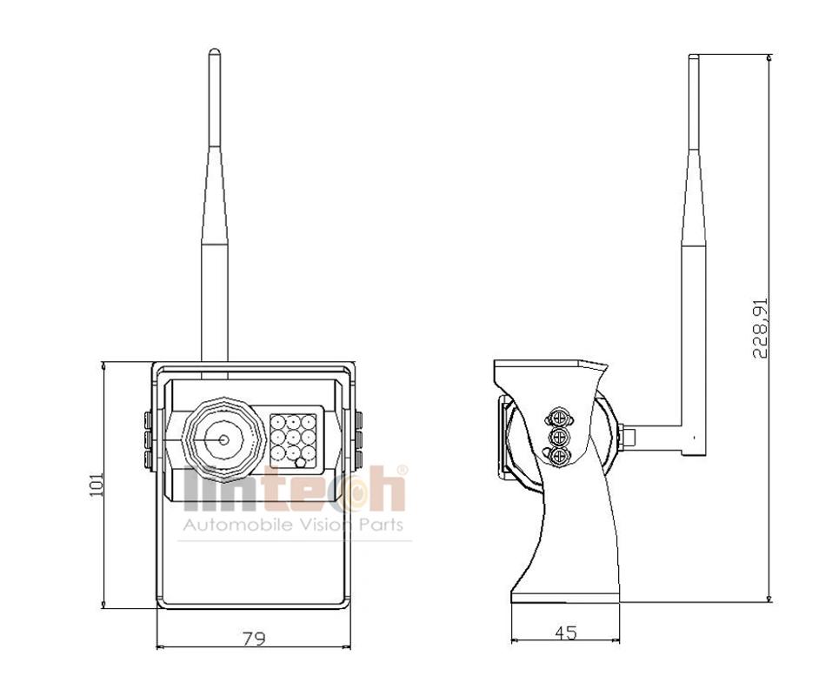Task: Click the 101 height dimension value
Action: (x=96, y=484)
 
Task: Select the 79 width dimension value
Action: (x=254, y=638)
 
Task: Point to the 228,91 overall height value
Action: (x=760, y=328)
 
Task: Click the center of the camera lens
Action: (x=223, y=439)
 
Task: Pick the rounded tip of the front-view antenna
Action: (x=215, y=51)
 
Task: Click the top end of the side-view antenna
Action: (x=694, y=55)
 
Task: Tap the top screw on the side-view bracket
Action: (x=559, y=418)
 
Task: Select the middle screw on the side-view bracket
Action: (x=559, y=437)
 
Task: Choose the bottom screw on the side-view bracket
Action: (x=559, y=456)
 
